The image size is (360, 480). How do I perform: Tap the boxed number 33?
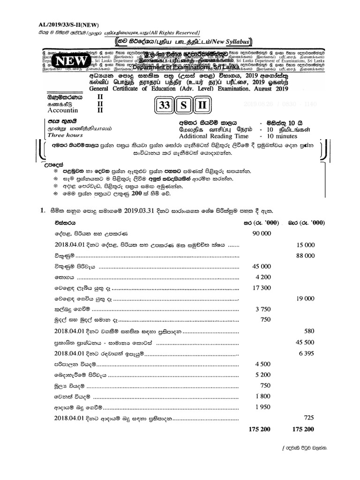pos(165,105)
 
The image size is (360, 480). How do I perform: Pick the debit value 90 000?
pos(262,233)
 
